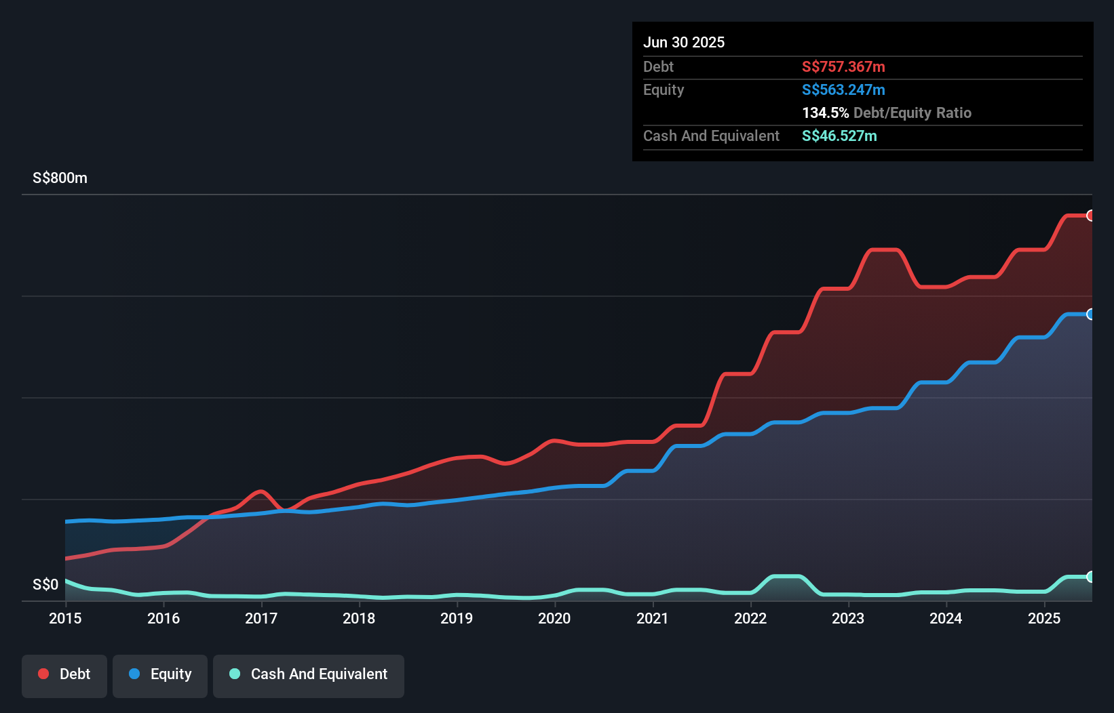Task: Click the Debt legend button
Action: (x=64, y=675)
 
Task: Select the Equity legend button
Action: (x=160, y=675)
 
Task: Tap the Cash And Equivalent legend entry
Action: (x=309, y=675)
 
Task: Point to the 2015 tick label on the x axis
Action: (x=65, y=618)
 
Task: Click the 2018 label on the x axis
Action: (x=359, y=618)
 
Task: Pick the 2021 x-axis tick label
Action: (x=653, y=618)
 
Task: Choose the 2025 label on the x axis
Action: (x=1044, y=618)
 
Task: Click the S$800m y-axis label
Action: (x=60, y=178)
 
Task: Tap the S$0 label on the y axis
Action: (x=45, y=584)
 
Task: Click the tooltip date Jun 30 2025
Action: (x=684, y=43)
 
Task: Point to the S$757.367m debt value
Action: (x=843, y=67)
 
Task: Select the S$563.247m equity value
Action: (x=843, y=90)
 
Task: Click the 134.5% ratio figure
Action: (x=825, y=113)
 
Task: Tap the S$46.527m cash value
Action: (x=839, y=136)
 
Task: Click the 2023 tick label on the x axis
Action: (x=848, y=618)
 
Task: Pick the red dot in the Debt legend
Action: (x=43, y=674)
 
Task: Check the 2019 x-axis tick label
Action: (x=457, y=618)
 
